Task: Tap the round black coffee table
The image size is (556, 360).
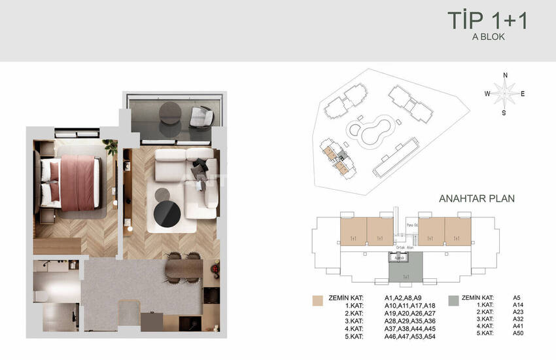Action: tap(167, 213)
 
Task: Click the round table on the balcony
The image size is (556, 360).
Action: tap(169, 112)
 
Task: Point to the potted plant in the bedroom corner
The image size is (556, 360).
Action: tap(111, 147)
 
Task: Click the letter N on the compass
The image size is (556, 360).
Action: tap(505, 76)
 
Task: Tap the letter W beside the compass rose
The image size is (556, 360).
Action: tap(487, 94)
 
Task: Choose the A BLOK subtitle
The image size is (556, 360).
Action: tap(489, 37)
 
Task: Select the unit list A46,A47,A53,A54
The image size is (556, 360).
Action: tap(409, 336)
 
